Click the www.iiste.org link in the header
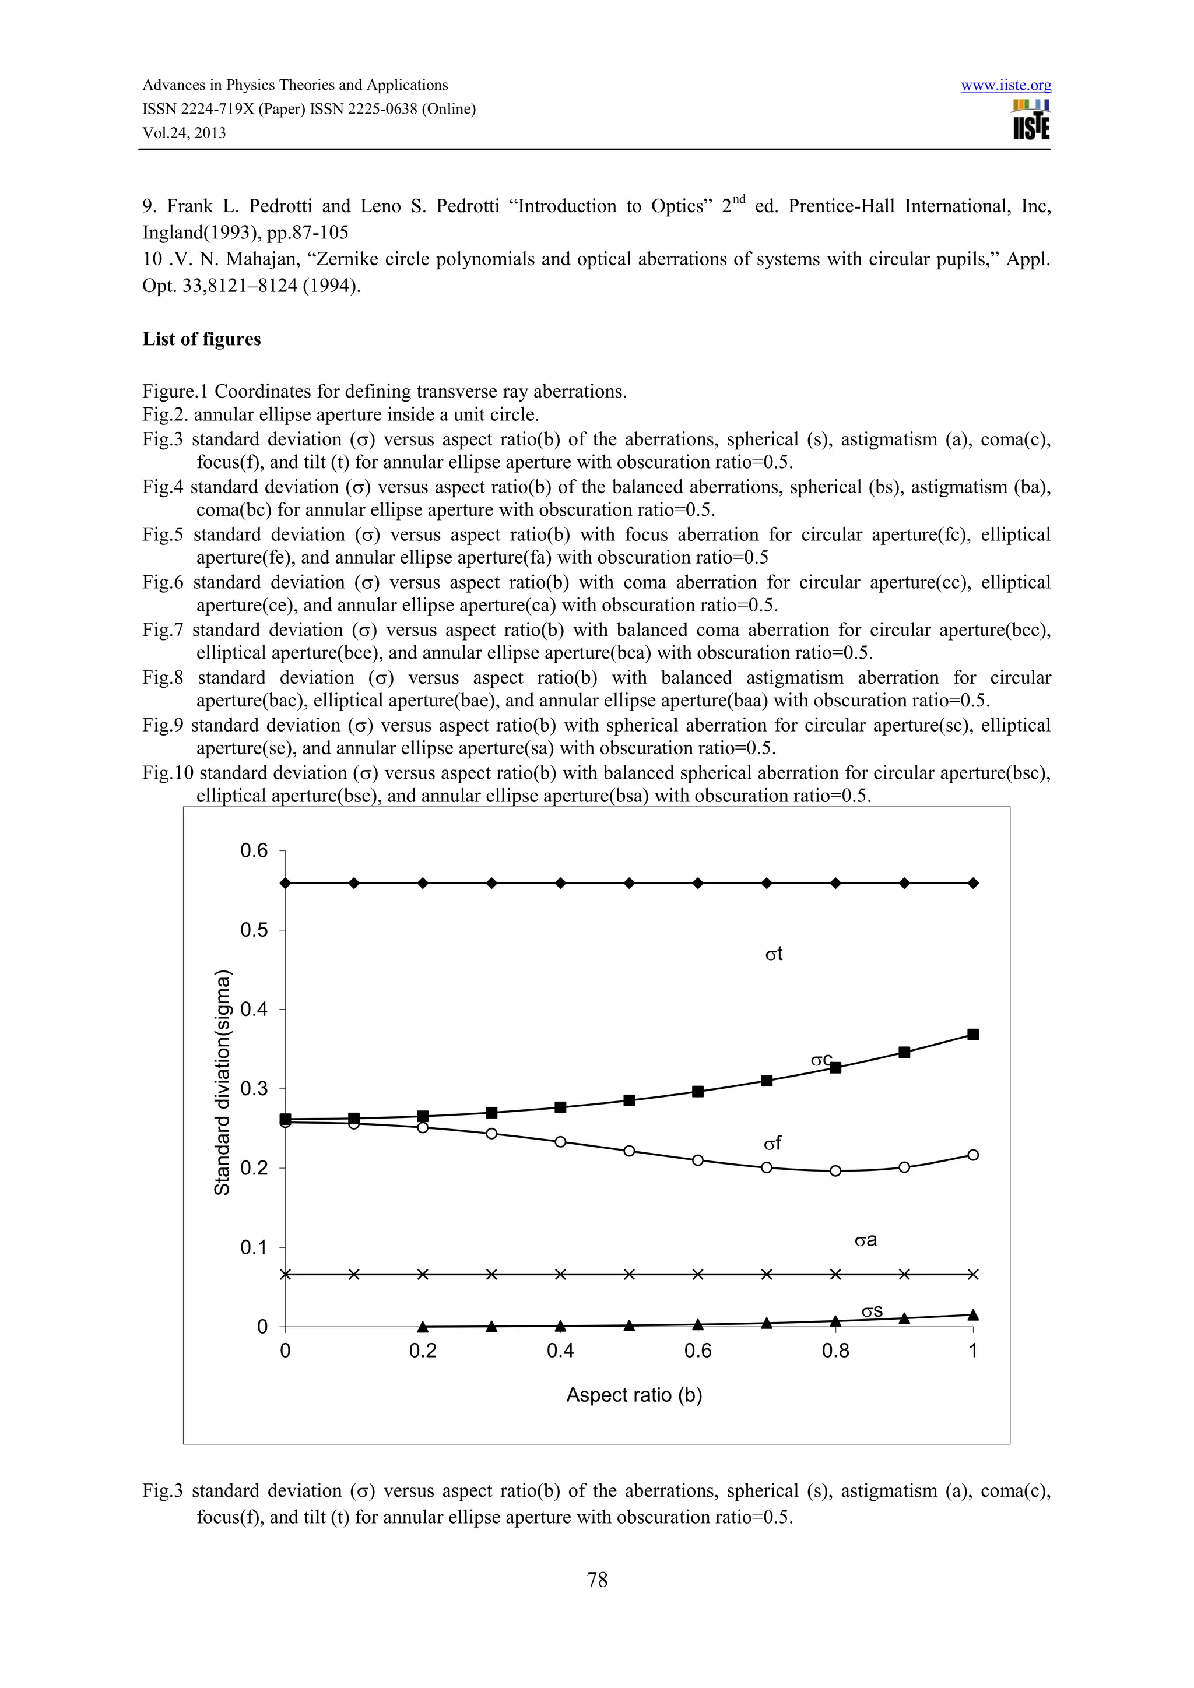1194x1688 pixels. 1006,85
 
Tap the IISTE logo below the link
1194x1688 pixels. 1031,121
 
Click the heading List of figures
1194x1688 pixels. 202,339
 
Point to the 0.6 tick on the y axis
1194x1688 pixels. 254,850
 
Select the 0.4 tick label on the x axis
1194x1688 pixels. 560,1351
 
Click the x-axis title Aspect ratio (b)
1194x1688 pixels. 634,1395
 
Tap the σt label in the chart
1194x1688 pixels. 774,954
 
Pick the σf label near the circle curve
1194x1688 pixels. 772,1143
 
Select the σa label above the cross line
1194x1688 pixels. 865,1240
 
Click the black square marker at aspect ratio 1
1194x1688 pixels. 972,1035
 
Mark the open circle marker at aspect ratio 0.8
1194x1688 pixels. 835,1170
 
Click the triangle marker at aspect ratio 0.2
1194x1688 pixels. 423,1326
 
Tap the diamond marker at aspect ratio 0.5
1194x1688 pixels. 629,883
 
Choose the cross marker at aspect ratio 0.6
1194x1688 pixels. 698,1274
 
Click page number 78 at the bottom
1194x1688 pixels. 597,1579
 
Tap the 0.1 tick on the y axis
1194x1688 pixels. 254,1247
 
